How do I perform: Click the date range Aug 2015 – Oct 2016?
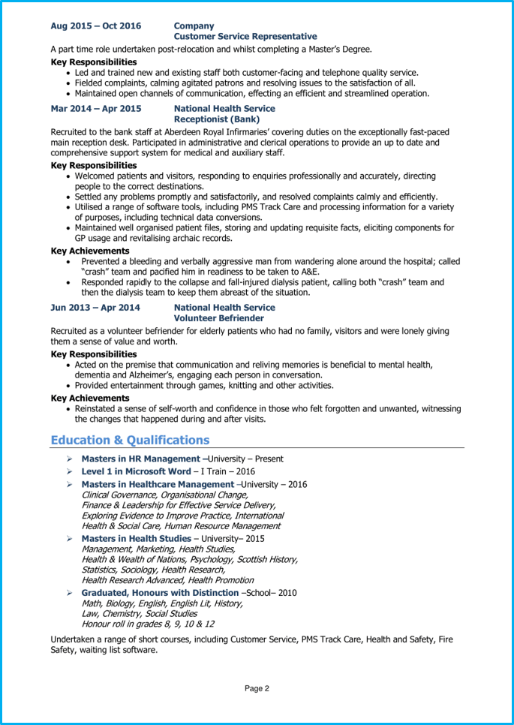(x=95, y=26)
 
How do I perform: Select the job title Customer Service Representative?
(x=245, y=36)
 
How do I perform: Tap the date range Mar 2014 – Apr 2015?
(x=95, y=109)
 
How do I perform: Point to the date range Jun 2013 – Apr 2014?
(x=95, y=308)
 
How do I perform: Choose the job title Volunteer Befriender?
(x=219, y=318)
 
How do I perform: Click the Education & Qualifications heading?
(x=130, y=440)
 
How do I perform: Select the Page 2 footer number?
(x=257, y=687)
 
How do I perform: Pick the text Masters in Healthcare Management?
(x=158, y=485)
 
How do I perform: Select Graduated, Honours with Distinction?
(x=160, y=593)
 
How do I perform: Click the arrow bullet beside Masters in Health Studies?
(x=68, y=539)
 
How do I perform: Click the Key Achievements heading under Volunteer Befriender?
(x=90, y=399)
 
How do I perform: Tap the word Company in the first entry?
(x=194, y=26)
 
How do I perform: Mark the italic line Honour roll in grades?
(x=147, y=624)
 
